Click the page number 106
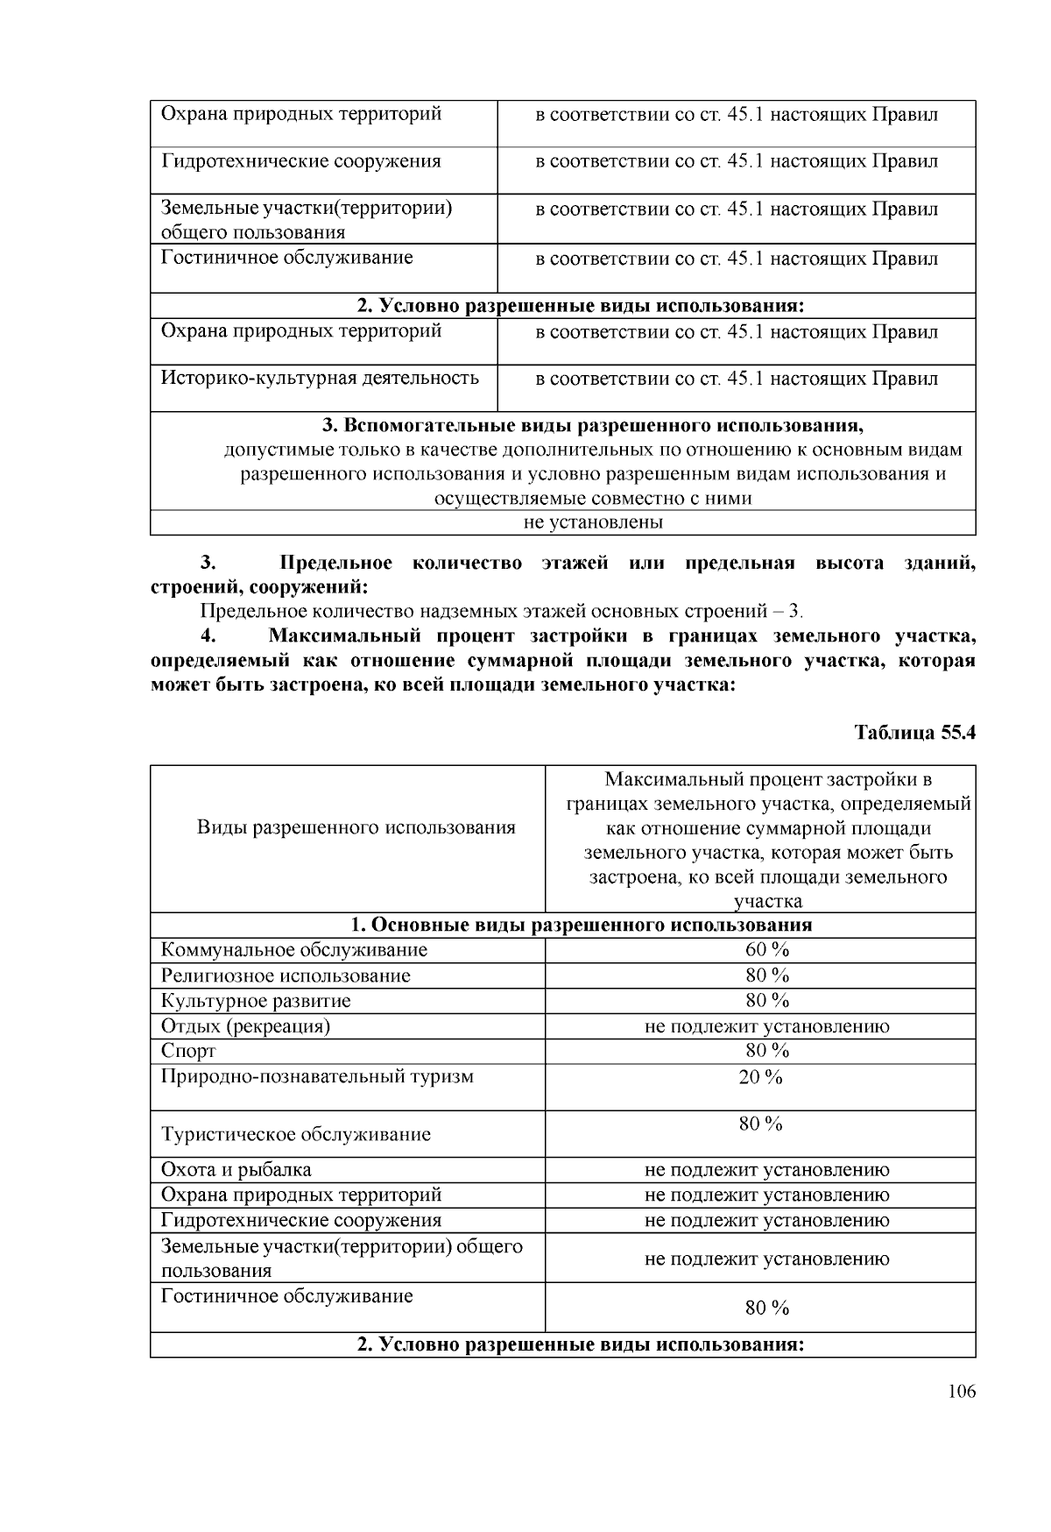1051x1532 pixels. click(961, 1392)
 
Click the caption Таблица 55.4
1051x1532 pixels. click(914, 733)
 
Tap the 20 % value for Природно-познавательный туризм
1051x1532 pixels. click(760, 1077)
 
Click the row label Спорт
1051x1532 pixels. click(188, 1051)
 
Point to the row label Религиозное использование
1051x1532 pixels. click(286, 975)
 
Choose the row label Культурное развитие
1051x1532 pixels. click(256, 1001)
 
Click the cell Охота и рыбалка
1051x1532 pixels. click(236, 1169)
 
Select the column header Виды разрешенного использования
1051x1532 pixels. click(356, 827)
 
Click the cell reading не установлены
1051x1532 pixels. click(592, 522)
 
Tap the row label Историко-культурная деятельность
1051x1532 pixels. click(320, 378)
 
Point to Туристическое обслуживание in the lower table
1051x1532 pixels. click(296, 1134)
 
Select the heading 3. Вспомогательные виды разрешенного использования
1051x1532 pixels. click(592, 426)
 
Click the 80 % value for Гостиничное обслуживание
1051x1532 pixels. click(766, 1308)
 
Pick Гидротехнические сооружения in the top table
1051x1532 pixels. click(301, 161)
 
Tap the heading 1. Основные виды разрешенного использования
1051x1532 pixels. click(581, 926)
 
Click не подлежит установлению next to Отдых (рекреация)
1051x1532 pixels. click(766, 1026)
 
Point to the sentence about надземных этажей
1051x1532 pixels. click(501, 611)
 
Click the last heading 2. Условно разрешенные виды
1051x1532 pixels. click(581, 1344)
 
